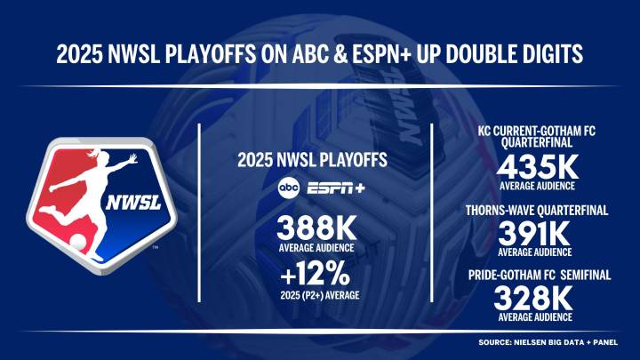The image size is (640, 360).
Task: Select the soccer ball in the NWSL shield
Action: (78, 242)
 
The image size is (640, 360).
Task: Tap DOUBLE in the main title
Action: (464, 55)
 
